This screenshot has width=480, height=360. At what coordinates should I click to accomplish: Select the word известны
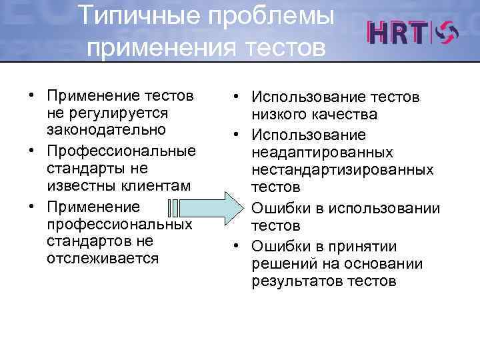coord(79,183)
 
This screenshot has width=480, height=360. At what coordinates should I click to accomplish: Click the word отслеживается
coord(103,258)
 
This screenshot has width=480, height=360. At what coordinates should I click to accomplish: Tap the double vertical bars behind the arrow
coord(173,208)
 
